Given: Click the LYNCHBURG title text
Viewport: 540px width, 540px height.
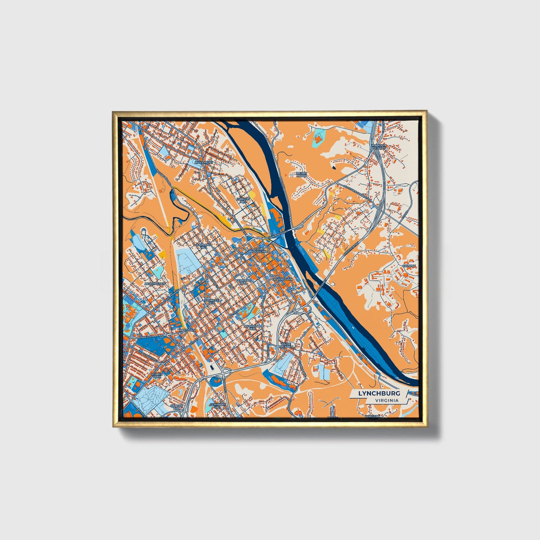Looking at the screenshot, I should point(379,394).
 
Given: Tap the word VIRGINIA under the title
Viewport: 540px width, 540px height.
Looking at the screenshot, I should point(387,400).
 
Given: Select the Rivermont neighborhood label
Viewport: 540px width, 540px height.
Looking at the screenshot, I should point(204,163).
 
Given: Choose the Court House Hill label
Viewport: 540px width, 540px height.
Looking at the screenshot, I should point(261,250).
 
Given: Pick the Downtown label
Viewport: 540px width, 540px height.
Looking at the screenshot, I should point(282,280).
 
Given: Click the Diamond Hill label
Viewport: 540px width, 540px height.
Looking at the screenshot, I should point(253,328).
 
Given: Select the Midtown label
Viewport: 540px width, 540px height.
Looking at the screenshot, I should point(188,330).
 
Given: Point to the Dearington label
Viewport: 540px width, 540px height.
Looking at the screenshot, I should point(155,284).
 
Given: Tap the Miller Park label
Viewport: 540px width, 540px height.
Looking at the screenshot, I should point(157,376).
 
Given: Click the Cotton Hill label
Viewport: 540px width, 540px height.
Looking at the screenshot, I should point(177,407).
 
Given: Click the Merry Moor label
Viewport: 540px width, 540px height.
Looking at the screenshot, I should point(301,175).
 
